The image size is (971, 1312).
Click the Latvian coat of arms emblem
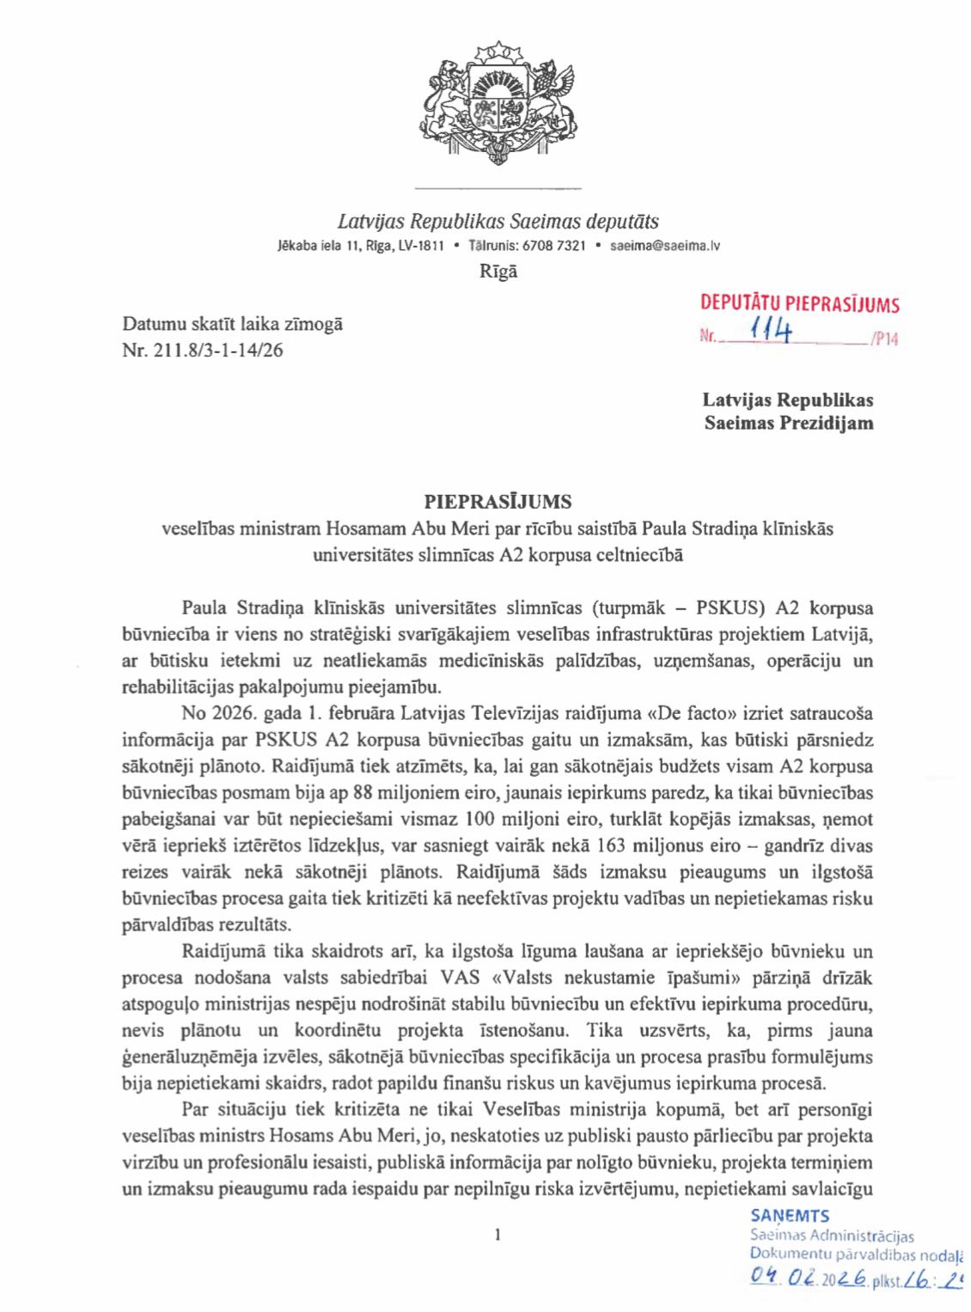(498, 102)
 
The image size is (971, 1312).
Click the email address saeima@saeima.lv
(664, 246)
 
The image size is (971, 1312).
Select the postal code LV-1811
(421, 246)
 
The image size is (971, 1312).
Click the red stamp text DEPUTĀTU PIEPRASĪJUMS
(799, 303)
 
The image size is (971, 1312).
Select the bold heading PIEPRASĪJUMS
(498, 502)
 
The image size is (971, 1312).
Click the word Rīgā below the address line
(498, 272)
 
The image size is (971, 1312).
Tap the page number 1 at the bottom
(498, 1236)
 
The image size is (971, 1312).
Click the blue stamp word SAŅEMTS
(790, 1216)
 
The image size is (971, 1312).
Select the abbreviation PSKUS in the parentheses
(730, 608)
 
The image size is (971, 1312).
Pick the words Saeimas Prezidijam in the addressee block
(789, 423)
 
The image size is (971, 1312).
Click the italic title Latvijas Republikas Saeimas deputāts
(498, 222)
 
